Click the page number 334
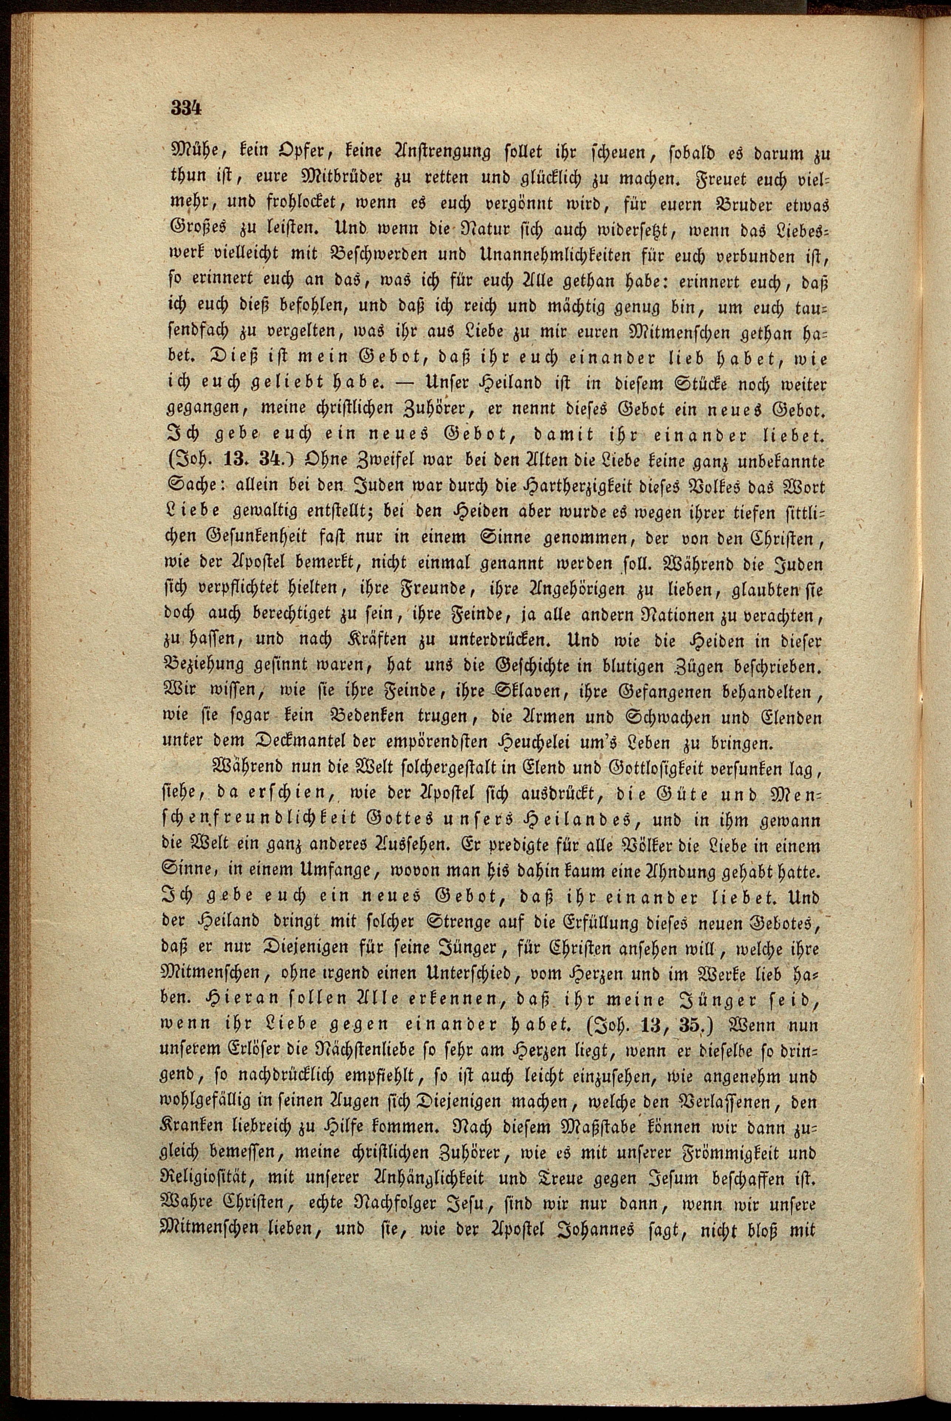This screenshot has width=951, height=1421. (186, 109)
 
